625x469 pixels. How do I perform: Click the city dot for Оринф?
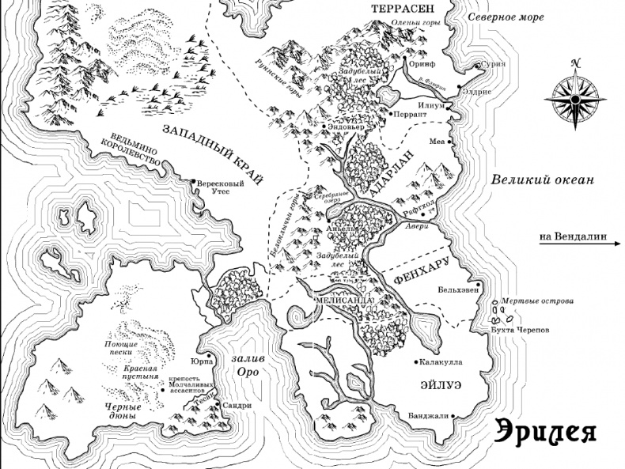click(404, 59)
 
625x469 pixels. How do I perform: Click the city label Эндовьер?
click(348, 126)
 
